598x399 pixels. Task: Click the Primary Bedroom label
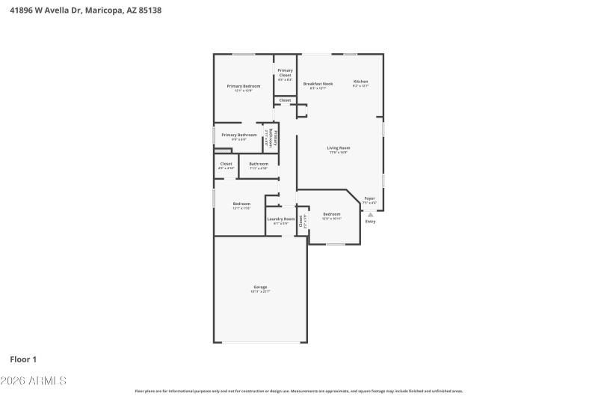tap(244, 86)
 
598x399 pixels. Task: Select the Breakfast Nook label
tap(318, 84)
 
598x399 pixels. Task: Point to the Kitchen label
tap(360, 82)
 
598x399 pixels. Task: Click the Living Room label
tap(339, 147)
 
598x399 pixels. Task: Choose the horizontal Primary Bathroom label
tap(238, 135)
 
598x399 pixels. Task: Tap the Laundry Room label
tap(281, 219)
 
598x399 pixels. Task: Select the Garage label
tap(260, 287)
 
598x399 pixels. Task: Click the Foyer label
tap(369, 198)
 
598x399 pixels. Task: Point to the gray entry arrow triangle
tap(370, 215)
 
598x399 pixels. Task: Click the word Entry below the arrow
tap(370, 222)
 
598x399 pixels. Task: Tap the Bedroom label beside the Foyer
tap(331, 214)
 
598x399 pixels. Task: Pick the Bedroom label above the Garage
tap(241, 204)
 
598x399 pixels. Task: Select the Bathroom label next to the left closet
tap(259, 164)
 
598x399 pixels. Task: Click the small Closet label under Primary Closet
tap(285, 100)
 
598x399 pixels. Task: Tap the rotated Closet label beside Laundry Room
tap(301, 221)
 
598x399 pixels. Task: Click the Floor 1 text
tap(23, 359)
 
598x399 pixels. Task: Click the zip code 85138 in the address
tap(148, 10)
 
